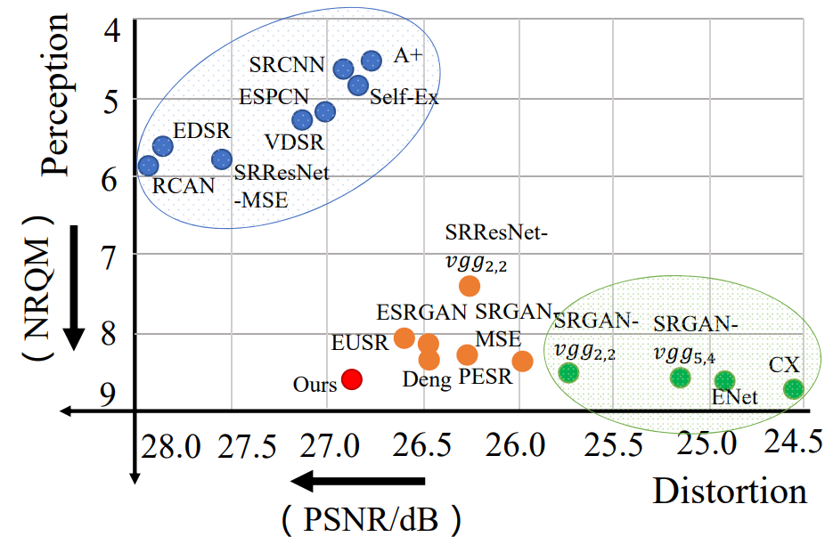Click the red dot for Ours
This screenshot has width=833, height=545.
tap(352, 379)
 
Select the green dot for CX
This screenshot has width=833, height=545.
tap(793, 388)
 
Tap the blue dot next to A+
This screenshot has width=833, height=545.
tap(372, 61)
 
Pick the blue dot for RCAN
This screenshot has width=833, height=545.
tap(148, 166)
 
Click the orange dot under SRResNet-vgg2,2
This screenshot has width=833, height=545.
tap(470, 286)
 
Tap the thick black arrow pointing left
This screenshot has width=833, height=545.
tap(357, 482)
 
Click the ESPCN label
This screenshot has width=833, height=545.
tap(274, 96)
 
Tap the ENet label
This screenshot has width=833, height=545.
tap(735, 398)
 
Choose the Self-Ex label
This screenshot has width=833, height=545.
tap(404, 97)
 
